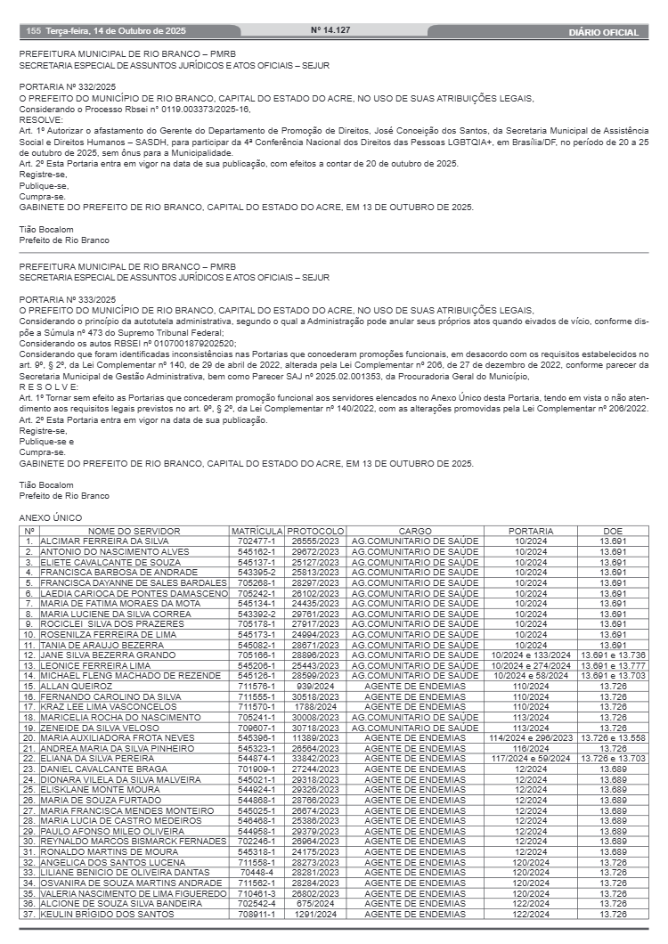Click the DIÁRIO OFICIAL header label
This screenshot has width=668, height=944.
click(603, 32)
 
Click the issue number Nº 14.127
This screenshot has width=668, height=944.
click(330, 31)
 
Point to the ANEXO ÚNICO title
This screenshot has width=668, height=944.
click(50, 517)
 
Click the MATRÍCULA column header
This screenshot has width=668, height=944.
click(257, 531)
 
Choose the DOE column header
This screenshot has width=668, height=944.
click(613, 531)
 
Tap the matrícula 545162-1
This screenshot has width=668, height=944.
click(257, 551)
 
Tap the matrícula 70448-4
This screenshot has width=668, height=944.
click(257, 873)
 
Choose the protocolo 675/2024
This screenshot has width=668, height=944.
click(315, 903)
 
